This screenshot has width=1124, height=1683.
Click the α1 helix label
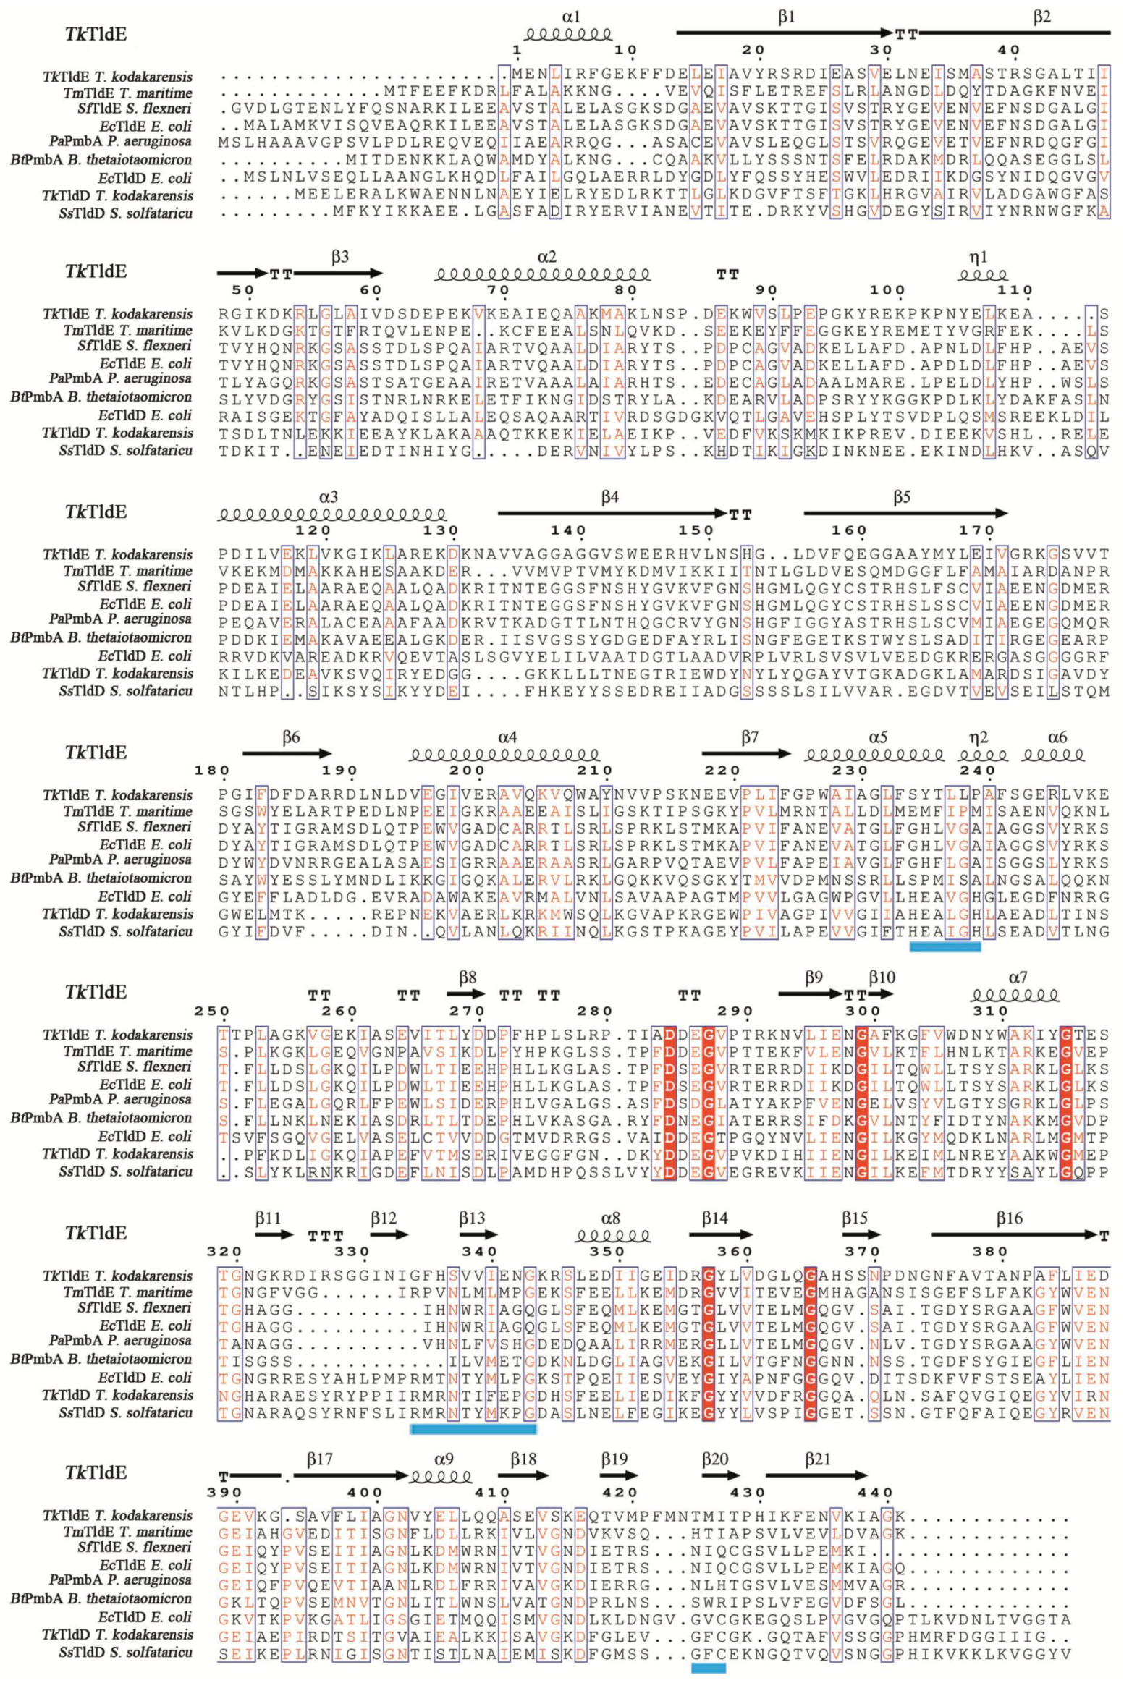571,15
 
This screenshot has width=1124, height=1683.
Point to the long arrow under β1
785,33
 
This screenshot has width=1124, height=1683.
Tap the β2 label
1041,17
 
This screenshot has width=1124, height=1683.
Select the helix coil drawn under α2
543,275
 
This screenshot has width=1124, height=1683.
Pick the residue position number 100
887,290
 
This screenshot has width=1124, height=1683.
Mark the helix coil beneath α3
332,514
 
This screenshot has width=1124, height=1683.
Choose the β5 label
901,497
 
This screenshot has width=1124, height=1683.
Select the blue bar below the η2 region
945,946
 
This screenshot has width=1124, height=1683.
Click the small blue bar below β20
709,1668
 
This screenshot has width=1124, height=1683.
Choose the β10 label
882,978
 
